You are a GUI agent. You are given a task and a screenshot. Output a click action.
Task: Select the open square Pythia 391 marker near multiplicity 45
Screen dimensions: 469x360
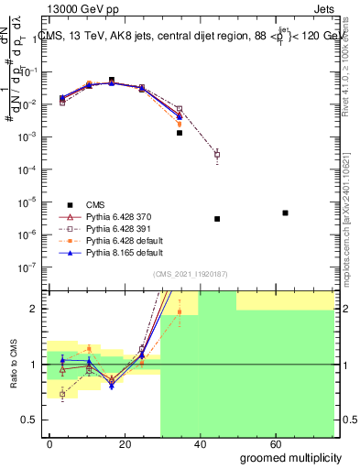click(217, 154)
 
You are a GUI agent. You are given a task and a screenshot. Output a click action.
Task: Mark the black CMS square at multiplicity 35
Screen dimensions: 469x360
click(180, 133)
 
